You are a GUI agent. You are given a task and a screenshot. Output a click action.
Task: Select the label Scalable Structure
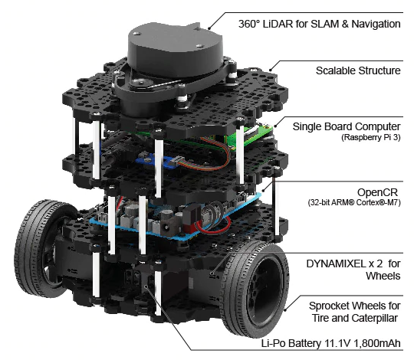point(358,70)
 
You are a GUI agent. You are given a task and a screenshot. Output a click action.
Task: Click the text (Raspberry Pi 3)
point(371,137)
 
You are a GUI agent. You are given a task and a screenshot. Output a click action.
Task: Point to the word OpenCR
point(377,192)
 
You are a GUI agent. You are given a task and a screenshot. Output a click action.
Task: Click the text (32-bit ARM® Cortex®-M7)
point(354,202)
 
